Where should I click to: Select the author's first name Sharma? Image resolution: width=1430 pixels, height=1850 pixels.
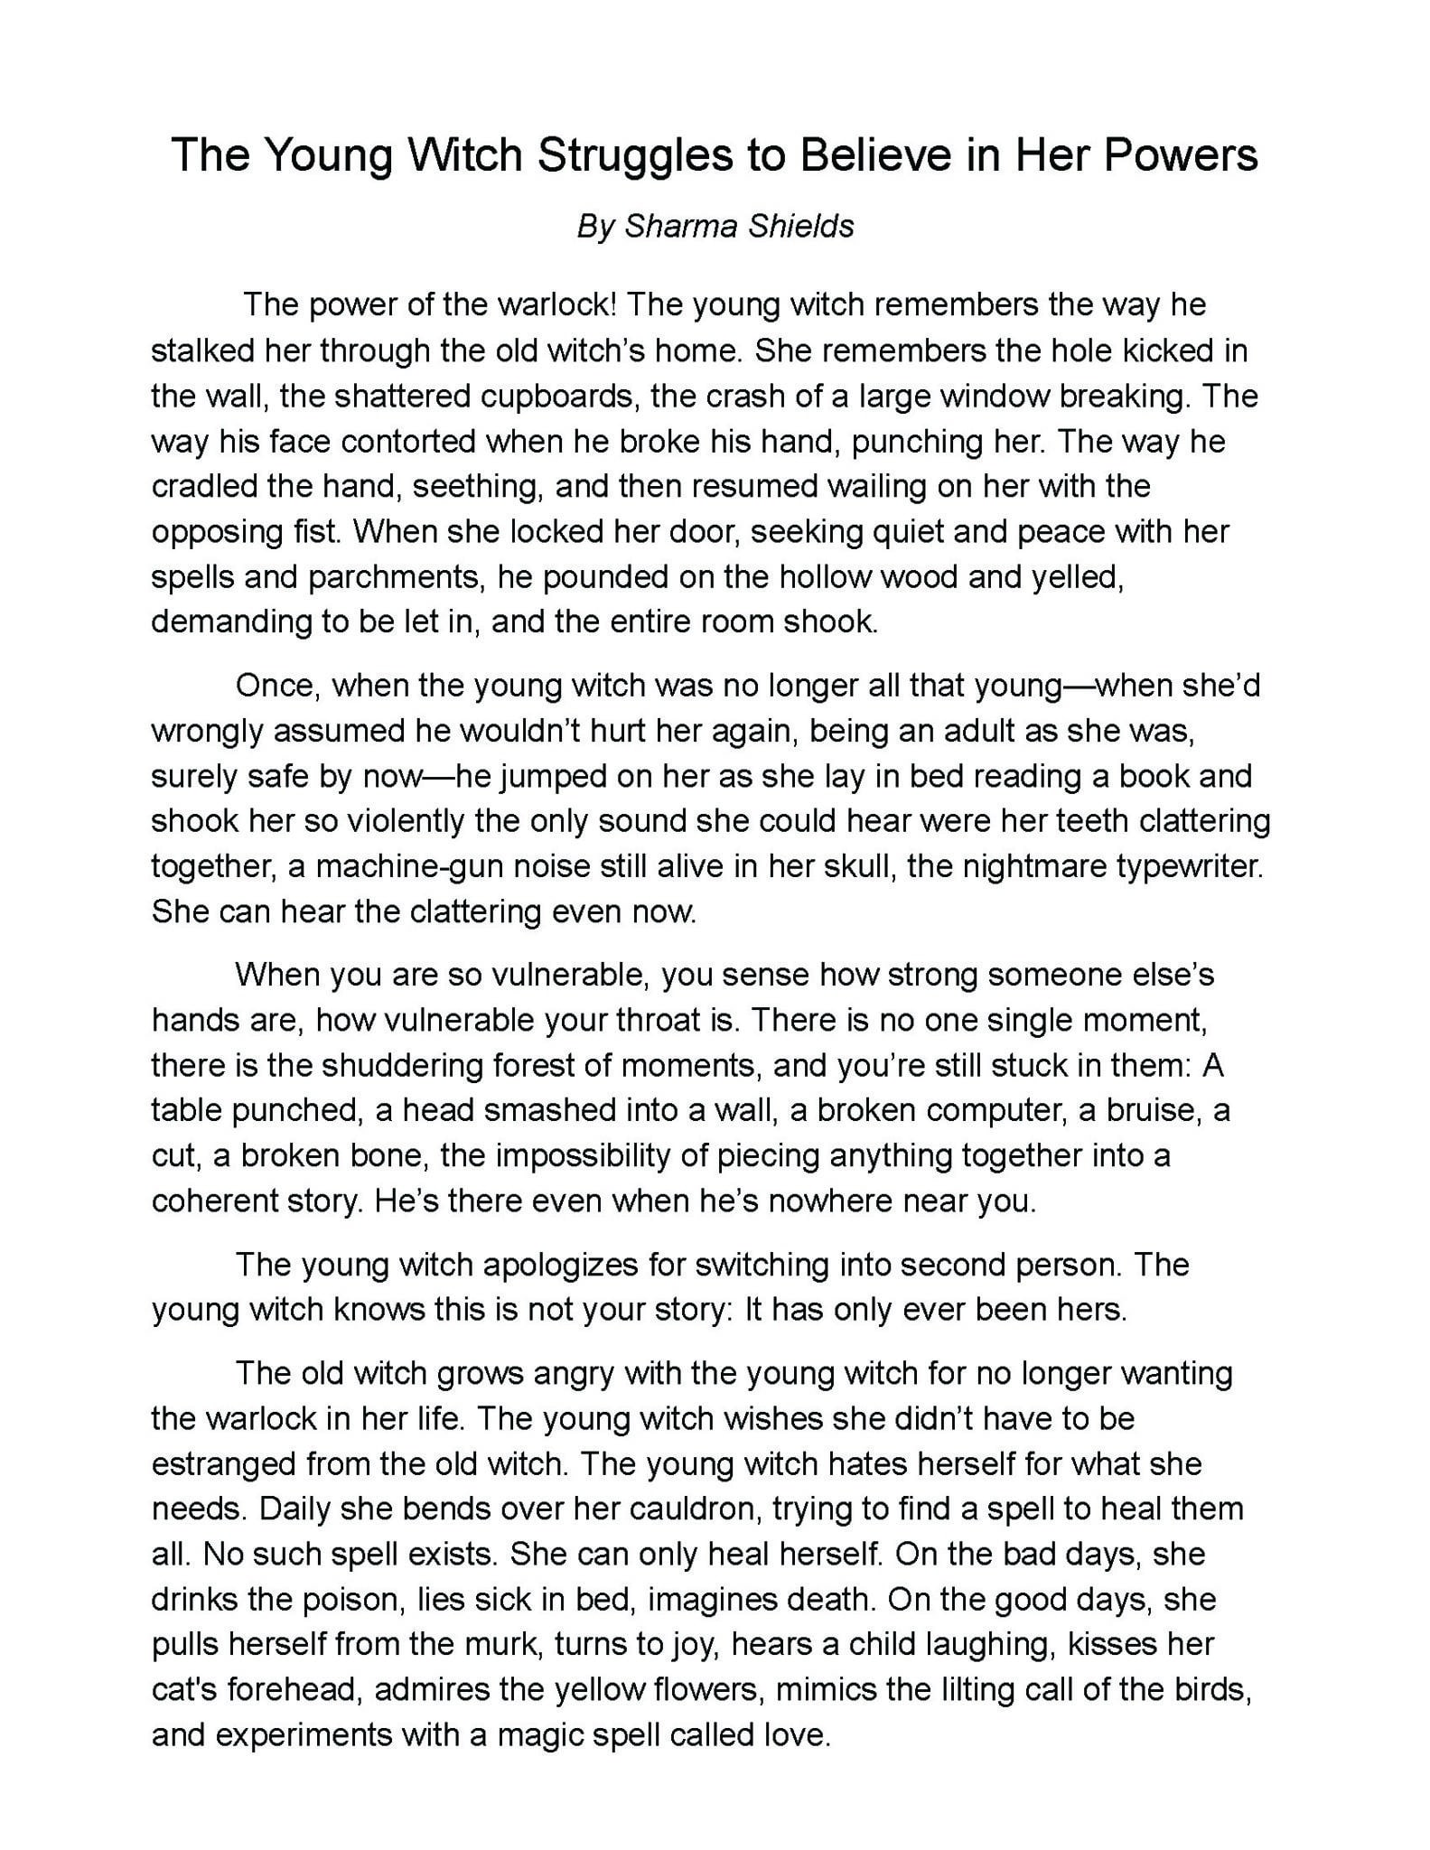677,226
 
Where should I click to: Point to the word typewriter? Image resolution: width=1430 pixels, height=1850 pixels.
1190,866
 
